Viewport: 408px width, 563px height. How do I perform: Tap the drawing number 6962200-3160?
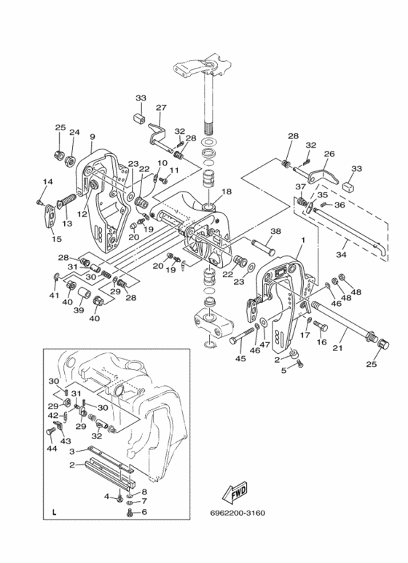[238, 513]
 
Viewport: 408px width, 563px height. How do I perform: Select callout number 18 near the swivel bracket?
[227, 192]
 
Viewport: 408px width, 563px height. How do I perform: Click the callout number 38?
[276, 232]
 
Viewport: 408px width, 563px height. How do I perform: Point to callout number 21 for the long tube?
[337, 348]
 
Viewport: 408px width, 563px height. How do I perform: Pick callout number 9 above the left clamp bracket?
[93, 137]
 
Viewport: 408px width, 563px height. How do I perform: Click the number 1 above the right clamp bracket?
[303, 240]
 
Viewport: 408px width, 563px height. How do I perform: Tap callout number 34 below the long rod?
[341, 255]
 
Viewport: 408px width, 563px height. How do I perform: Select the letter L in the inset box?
[54, 513]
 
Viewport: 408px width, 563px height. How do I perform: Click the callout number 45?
[240, 358]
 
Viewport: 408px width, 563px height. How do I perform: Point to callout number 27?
[161, 108]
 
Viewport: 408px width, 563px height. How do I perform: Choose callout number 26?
[329, 154]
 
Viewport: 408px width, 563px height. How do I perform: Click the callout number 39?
[79, 310]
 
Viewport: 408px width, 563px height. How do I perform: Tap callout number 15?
[56, 239]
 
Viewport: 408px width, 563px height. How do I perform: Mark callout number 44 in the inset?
[52, 449]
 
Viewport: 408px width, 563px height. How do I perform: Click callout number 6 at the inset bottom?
[144, 512]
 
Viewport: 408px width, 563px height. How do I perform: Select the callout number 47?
[265, 345]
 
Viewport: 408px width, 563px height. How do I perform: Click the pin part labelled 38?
[263, 246]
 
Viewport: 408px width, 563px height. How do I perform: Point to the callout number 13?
[67, 224]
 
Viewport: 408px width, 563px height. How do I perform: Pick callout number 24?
[74, 132]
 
